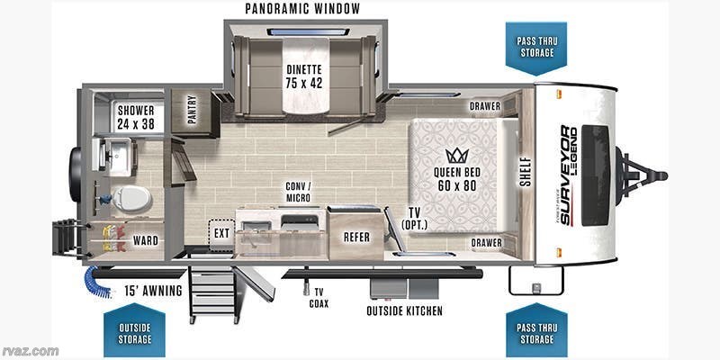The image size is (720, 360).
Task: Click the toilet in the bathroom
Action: tap(131, 199)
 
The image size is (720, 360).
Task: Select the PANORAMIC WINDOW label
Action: tap(302, 9)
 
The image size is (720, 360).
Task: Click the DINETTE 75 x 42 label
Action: tap(303, 76)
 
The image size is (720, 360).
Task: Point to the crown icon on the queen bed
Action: tap(457, 156)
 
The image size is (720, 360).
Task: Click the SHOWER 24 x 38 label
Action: tap(136, 117)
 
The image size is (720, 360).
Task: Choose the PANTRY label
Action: tap(192, 109)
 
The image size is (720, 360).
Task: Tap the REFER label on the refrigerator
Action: tap(356, 237)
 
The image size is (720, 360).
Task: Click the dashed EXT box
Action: tap(221, 235)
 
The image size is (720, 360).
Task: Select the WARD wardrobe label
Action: tap(146, 240)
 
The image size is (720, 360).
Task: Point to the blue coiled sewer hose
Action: tap(96, 281)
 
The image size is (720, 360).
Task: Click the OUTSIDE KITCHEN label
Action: tap(404, 310)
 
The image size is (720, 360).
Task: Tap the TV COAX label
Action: tap(319, 298)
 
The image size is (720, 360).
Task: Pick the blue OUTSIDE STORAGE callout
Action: tap(134, 329)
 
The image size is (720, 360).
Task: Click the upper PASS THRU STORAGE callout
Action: tap(536, 48)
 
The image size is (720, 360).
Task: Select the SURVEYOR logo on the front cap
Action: tap(567, 175)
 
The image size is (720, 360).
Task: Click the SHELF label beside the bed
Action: tap(526, 172)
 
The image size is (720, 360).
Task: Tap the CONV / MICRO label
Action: tap(298, 192)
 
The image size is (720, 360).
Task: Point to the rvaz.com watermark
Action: tap(30, 351)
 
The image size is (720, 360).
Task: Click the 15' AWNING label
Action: tap(153, 291)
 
